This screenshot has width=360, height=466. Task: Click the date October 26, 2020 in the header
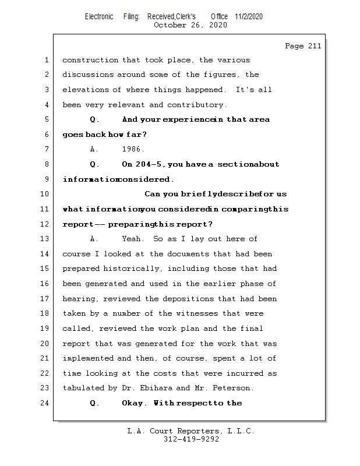pyautogui.click(x=190, y=25)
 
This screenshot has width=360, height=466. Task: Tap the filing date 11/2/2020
pyautogui.click(x=249, y=17)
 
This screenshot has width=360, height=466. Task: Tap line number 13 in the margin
pyautogui.click(x=45, y=239)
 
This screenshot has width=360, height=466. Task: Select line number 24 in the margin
pyautogui.click(x=45, y=403)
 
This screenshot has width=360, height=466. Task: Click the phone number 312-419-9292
pyautogui.click(x=190, y=439)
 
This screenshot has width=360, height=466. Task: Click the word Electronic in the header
pyautogui.click(x=99, y=17)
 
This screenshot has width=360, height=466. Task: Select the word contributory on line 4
pyautogui.click(x=196, y=105)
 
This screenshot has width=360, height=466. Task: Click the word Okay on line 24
pyautogui.click(x=135, y=403)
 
